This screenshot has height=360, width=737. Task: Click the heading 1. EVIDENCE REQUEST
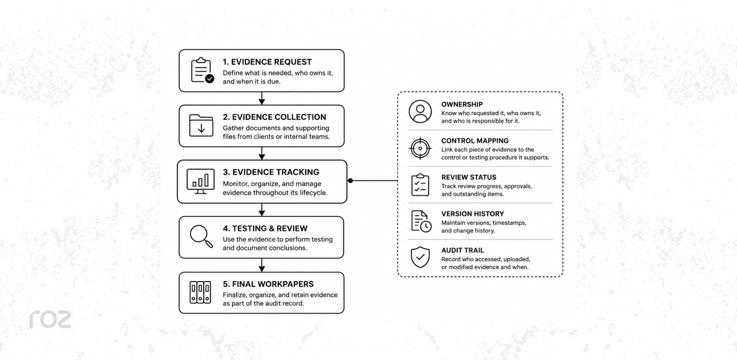point(267,62)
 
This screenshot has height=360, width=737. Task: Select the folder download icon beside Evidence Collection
point(201,126)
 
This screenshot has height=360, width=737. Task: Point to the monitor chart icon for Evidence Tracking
point(200,181)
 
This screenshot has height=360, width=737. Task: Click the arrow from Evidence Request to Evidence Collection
point(262,98)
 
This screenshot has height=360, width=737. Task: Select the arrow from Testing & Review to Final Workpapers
point(262,265)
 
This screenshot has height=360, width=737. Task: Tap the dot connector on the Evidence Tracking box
point(350,180)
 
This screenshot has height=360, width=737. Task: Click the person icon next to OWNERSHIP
point(420,112)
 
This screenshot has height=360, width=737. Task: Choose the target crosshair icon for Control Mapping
point(420,148)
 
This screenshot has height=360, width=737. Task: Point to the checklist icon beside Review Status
point(420,185)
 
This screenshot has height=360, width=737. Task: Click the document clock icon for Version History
point(421,221)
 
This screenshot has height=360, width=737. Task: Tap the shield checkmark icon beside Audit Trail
point(420,257)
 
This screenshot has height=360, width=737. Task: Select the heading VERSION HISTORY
point(473,214)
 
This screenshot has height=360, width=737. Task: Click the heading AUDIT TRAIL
point(462,250)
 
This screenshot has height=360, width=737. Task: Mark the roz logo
point(50,319)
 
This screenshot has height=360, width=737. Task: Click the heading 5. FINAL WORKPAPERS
point(268,284)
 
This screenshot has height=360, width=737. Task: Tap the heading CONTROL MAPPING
point(475,141)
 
